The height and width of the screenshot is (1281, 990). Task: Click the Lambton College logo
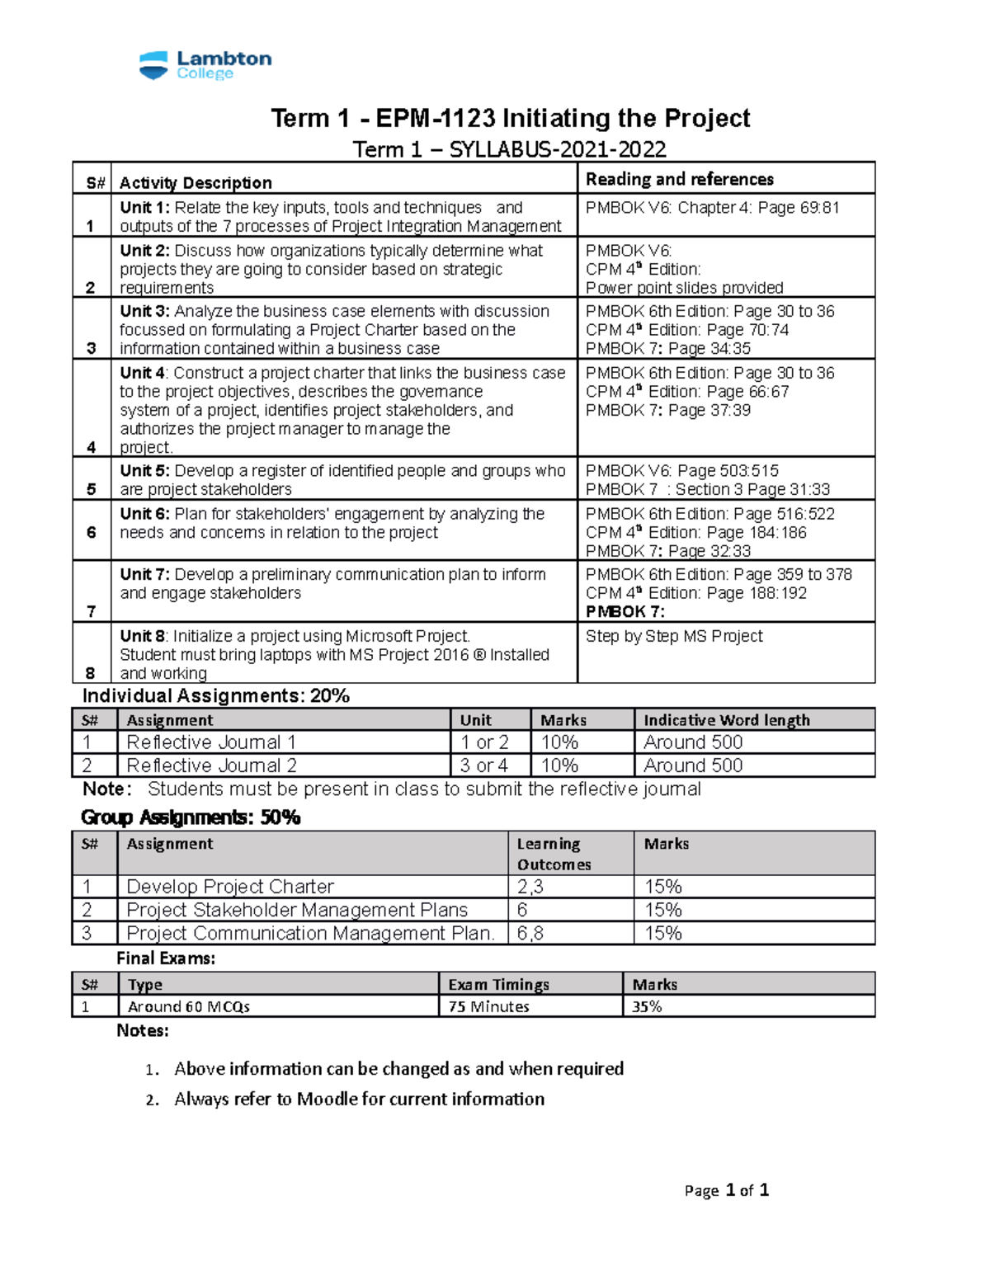click(205, 65)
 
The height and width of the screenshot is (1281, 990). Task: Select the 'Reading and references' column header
click(679, 179)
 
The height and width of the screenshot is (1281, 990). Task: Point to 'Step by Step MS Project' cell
click(673, 636)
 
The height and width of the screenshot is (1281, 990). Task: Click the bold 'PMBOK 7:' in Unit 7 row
click(625, 611)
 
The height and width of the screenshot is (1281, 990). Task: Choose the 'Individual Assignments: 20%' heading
click(216, 696)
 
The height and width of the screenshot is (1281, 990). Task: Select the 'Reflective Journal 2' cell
click(211, 765)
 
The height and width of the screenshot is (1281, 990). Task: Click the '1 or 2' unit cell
click(484, 742)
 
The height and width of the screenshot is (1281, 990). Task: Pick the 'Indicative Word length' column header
click(726, 720)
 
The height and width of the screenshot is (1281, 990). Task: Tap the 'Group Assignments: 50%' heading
click(191, 817)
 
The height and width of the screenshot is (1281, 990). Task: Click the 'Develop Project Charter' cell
click(230, 887)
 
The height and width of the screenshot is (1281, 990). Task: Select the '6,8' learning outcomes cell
click(530, 933)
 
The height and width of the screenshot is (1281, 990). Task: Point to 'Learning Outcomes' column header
click(553, 854)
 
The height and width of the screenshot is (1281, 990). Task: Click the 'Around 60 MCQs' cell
click(188, 1006)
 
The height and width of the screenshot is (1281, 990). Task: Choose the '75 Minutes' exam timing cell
click(488, 1006)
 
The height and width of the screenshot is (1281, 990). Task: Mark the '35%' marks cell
click(647, 1006)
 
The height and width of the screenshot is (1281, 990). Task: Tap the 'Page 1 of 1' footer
click(726, 1190)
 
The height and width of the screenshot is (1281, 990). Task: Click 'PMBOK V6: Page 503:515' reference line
click(681, 471)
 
